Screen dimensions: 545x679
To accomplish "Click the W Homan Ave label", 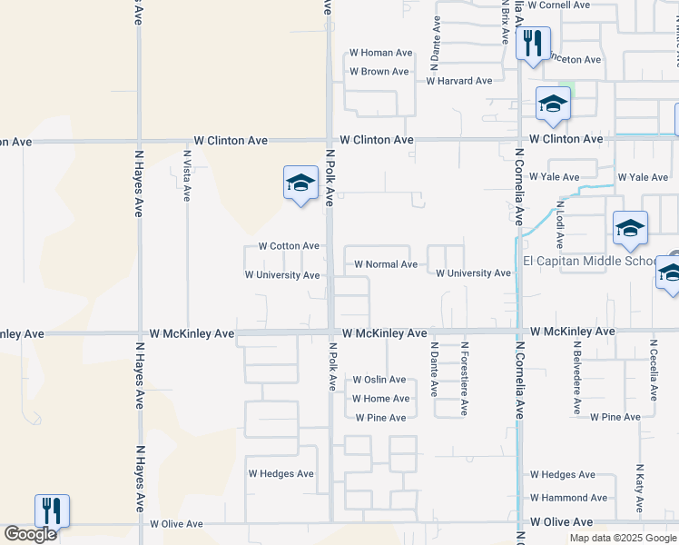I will (x=380, y=53).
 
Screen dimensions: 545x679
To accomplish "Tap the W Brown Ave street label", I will (x=379, y=72).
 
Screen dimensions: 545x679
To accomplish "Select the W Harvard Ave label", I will (x=459, y=81).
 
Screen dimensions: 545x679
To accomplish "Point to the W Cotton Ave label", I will (x=289, y=246).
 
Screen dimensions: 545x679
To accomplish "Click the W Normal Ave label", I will (x=386, y=265).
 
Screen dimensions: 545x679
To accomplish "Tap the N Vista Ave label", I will (x=186, y=175).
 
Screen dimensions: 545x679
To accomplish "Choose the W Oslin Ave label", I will (x=379, y=380).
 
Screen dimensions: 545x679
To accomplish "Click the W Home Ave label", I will (x=380, y=399).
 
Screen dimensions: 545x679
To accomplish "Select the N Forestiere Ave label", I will (x=464, y=378).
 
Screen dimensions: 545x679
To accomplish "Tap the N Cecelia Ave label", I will (x=653, y=371).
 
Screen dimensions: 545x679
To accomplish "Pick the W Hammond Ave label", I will (x=568, y=498).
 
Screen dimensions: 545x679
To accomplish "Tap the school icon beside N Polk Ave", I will (x=300, y=183).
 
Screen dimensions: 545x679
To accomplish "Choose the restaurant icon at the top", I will (x=533, y=42).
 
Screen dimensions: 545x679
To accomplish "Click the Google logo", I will (x=30, y=534).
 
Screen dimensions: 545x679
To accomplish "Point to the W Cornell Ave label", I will (x=558, y=5).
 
